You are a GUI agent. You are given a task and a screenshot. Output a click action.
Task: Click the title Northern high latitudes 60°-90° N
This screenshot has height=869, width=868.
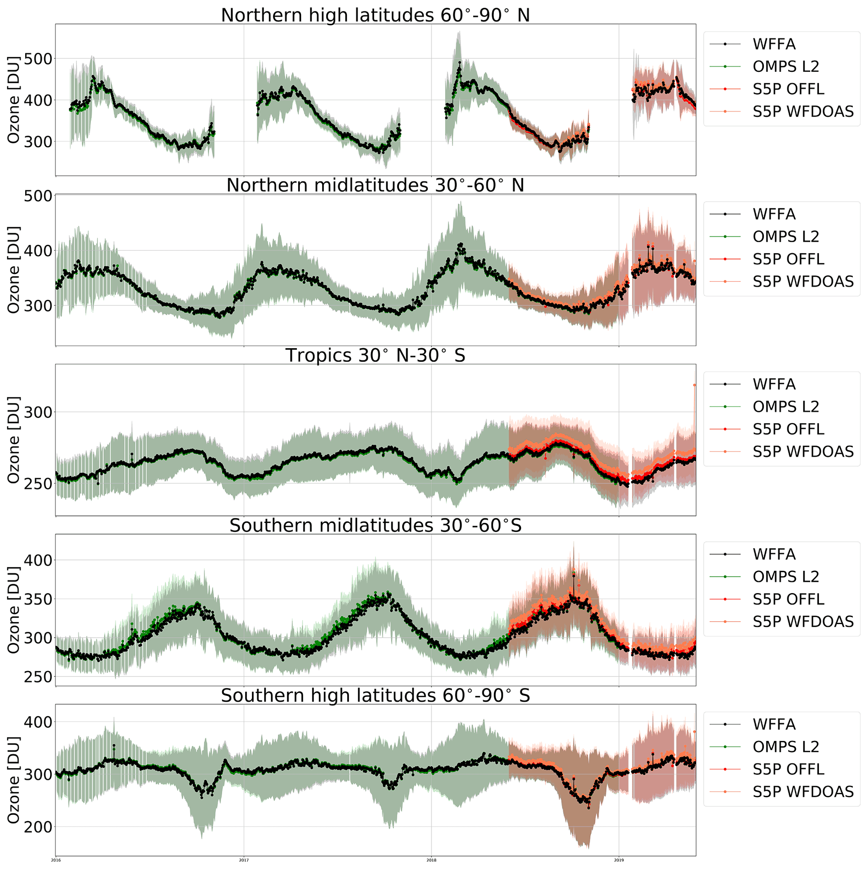[375, 15]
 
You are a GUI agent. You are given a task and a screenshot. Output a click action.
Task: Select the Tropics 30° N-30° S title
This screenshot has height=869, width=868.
[375, 355]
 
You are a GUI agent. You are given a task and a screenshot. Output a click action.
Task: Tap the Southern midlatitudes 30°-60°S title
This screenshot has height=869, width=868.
[375, 525]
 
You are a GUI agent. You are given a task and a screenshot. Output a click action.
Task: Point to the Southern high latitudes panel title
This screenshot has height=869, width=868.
[375, 696]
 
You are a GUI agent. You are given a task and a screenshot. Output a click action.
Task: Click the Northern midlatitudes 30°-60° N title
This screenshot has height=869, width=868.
[375, 185]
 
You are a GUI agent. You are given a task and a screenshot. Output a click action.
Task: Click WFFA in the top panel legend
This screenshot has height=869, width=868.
[774, 44]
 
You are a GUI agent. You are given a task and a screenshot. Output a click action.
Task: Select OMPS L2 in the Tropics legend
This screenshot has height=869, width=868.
[786, 407]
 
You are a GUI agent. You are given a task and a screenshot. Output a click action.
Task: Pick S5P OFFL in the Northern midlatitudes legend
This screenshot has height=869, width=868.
[788, 259]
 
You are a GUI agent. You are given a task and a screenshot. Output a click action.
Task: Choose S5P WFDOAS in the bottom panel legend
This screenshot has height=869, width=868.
[803, 792]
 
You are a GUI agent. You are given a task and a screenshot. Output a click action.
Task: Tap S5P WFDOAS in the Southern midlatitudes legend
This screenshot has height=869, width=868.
[803, 622]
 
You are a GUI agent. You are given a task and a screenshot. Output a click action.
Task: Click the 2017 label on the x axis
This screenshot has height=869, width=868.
[243, 860]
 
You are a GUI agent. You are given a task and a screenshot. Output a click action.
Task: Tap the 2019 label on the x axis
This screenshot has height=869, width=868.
[619, 860]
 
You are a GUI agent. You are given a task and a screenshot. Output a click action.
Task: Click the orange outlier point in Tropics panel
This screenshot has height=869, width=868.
[695, 385]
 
